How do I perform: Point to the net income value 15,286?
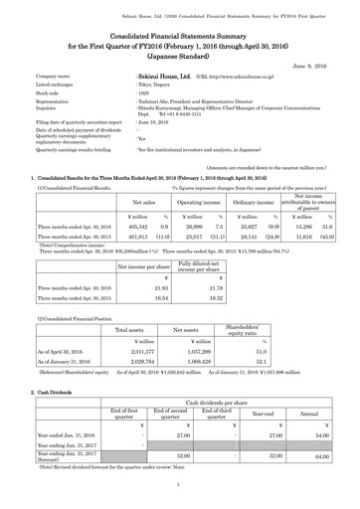[x=298, y=198]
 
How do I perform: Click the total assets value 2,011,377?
[x=136, y=351]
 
